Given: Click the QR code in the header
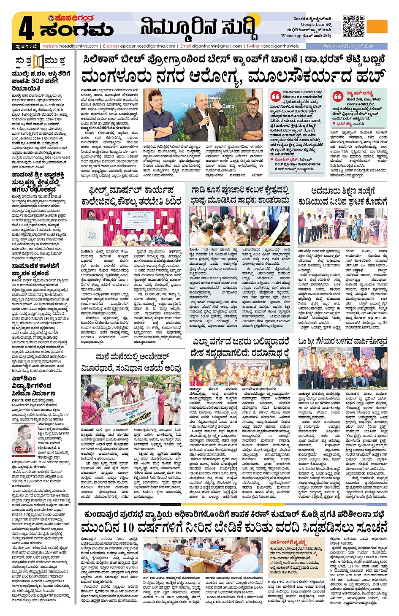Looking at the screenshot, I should (353, 26).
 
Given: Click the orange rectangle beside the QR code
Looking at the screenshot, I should (377, 26).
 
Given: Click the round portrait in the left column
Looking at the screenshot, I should (23, 439).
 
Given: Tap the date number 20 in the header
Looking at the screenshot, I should (346, 46).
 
